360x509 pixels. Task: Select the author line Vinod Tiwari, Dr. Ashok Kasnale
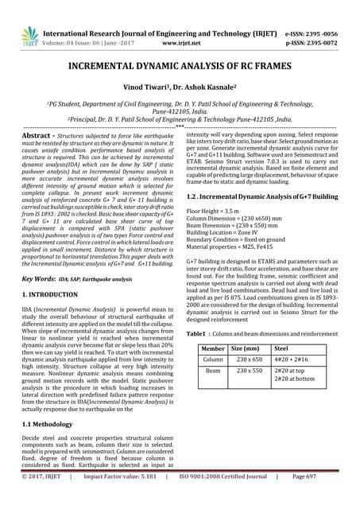tap(180, 93)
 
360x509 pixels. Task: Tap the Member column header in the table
tap(213, 348)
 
